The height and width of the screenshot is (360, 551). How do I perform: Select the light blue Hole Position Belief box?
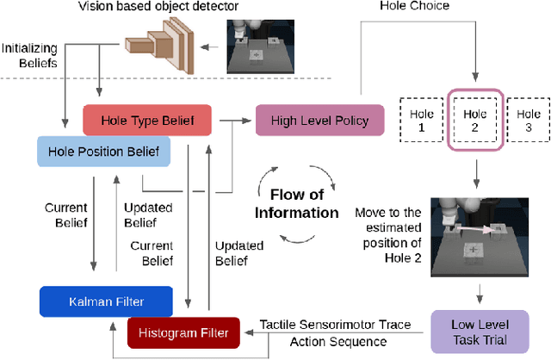103,152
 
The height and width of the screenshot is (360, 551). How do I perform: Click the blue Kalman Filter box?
106,302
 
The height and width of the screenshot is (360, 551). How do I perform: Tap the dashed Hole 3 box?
527,120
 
